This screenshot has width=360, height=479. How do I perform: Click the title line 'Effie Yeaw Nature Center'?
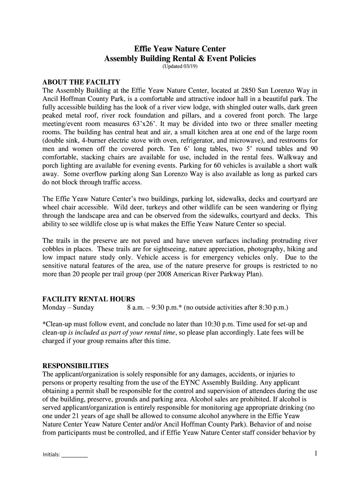click(180, 49)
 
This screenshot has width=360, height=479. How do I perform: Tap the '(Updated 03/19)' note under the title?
click(180, 67)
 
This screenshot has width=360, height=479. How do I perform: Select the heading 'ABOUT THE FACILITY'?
click(81, 82)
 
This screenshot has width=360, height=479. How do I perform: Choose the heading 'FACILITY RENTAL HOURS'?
click(89, 299)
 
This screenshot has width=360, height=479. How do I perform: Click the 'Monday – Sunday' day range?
click(68, 307)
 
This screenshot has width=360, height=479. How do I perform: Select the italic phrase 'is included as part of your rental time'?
click(122, 333)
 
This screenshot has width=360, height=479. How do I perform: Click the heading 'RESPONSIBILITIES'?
click(75, 365)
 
